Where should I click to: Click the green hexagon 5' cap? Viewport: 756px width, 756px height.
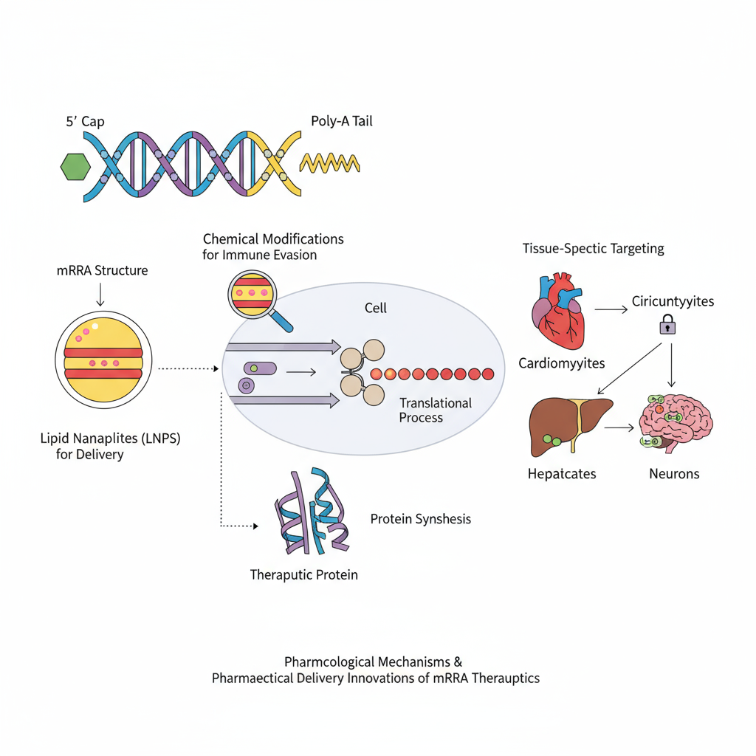75,168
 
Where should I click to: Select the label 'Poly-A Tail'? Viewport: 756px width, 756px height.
342,120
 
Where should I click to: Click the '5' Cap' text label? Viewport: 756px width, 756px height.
85,121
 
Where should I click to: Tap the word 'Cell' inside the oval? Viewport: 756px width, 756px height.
375,307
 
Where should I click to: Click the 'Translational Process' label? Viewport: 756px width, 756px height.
435,410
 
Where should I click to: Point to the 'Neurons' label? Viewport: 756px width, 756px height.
673,473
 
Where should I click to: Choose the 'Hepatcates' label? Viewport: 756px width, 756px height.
562,473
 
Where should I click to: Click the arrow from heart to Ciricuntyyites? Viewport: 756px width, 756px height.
611,309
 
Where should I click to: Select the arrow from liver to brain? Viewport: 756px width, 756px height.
621,427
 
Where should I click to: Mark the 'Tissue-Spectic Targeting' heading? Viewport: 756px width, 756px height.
593,248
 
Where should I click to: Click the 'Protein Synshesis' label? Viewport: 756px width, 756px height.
420,519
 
